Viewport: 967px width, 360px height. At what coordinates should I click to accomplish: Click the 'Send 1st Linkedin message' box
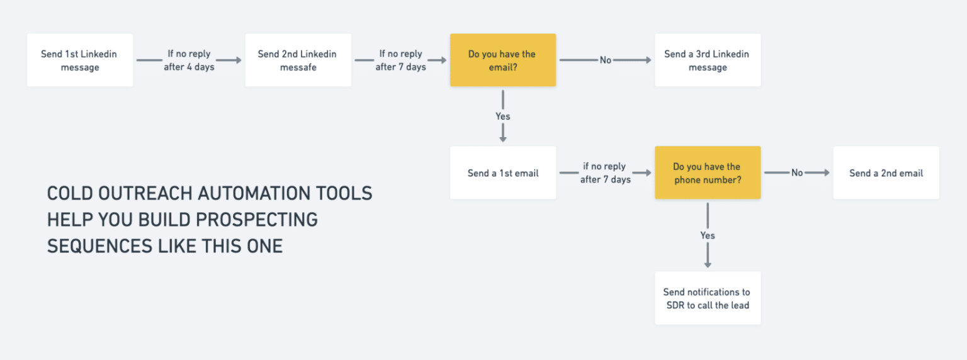pos(80,60)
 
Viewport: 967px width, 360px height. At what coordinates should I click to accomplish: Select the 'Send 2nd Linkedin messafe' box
pos(298,60)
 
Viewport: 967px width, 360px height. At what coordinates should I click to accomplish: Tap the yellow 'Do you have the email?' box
pos(502,60)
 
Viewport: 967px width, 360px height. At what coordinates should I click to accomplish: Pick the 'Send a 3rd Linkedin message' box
pos(707,60)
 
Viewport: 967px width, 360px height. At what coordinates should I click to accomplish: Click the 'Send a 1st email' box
pos(502,173)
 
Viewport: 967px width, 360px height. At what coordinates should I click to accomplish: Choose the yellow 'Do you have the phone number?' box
pos(707,173)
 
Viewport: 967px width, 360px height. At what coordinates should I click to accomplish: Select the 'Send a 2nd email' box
pos(886,173)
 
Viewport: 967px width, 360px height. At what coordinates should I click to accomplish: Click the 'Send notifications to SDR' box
pos(707,298)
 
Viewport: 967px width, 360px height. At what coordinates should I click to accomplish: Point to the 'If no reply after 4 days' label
pos(189,60)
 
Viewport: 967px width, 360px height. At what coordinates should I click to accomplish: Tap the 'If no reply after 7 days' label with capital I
pos(400,60)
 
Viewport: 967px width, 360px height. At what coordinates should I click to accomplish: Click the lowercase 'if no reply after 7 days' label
pos(605,173)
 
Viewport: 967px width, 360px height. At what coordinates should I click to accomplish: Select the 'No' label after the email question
pos(606,60)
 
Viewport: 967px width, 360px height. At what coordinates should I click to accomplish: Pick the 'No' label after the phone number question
pos(797,173)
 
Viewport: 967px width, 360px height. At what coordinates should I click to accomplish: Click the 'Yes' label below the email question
pos(502,116)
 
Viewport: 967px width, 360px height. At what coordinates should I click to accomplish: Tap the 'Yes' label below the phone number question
pos(708,235)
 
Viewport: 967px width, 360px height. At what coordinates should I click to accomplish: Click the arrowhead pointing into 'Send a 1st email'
pos(502,138)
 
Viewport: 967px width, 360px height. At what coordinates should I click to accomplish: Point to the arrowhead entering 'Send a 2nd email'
pos(826,173)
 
